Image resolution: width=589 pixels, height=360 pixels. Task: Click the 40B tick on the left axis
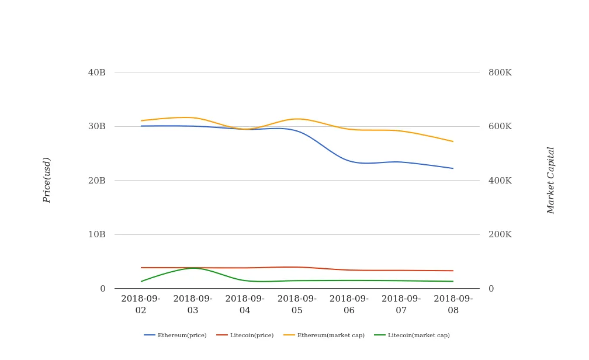pyautogui.click(x=96, y=72)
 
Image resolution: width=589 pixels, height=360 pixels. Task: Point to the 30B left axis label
pyautogui.click(x=96, y=126)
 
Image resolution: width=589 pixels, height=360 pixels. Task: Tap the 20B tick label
pyautogui.click(x=96, y=181)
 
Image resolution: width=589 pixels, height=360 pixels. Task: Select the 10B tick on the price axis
pyautogui.click(x=96, y=234)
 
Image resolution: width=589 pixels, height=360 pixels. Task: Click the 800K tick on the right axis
pyautogui.click(x=500, y=72)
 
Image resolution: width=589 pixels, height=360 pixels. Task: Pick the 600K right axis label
pyautogui.click(x=500, y=126)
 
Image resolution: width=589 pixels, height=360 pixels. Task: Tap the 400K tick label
pyautogui.click(x=500, y=181)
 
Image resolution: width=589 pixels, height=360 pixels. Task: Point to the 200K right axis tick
pyautogui.click(x=500, y=234)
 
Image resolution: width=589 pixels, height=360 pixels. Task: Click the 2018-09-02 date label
pyautogui.click(x=141, y=304)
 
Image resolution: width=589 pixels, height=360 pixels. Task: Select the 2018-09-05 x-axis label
pyautogui.click(x=297, y=304)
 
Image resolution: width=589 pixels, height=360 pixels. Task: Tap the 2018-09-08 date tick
pyautogui.click(x=453, y=304)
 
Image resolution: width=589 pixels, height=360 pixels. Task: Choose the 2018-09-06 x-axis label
pyautogui.click(x=349, y=304)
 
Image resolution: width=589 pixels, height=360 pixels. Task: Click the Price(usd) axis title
pyautogui.click(x=47, y=180)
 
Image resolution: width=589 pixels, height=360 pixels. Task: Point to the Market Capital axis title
pyautogui.click(x=551, y=180)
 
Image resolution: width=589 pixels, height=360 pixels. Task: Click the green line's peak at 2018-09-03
pyautogui.click(x=193, y=268)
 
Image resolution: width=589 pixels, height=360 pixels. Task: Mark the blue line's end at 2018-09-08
pyautogui.click(x=453, y=168)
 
